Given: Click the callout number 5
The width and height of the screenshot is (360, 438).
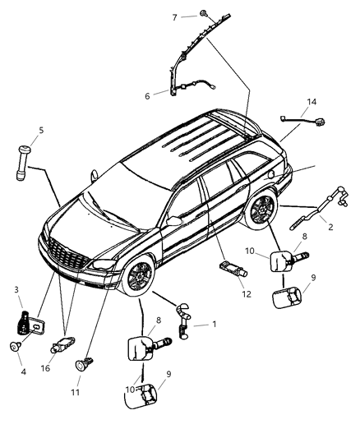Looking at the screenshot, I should tap(40, 129).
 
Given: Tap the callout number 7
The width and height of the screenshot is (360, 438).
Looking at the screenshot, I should tap(174, 16).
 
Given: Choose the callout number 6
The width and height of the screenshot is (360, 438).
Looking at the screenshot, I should tap(147, 95).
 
